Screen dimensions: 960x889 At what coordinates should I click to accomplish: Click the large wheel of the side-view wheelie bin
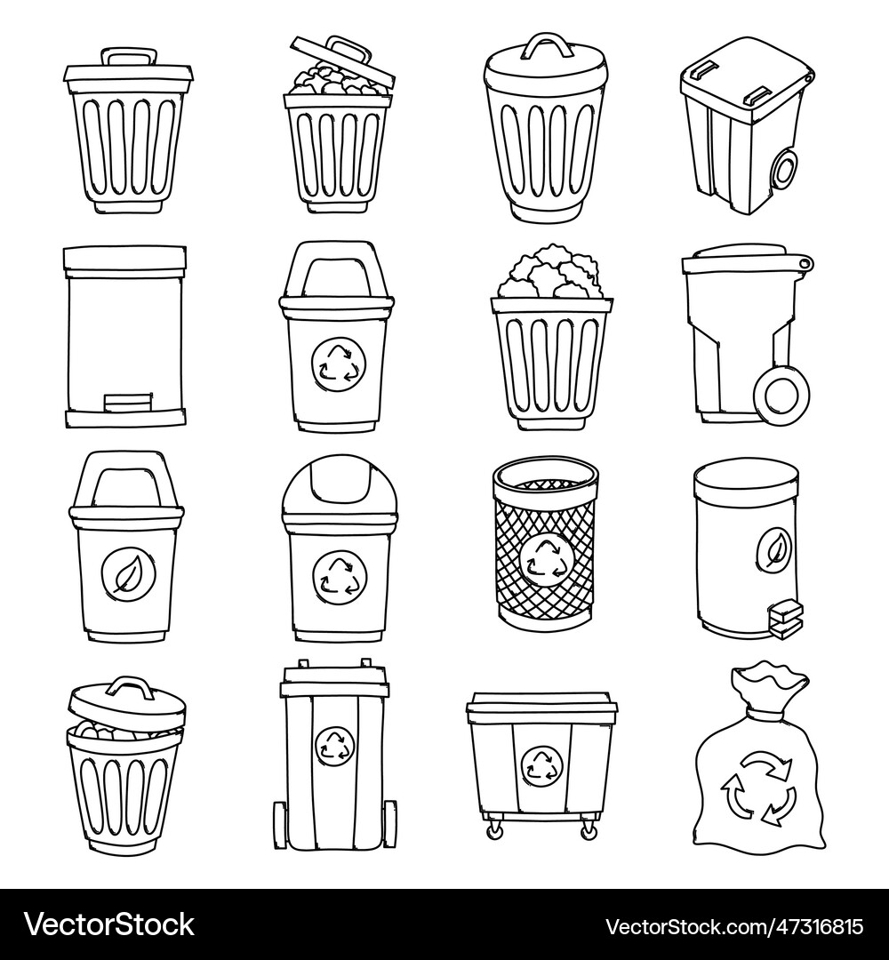coord(779,394)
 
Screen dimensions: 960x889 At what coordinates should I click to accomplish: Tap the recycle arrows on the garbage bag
coord(757,786)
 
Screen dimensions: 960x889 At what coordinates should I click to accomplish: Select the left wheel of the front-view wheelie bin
coord(280,821)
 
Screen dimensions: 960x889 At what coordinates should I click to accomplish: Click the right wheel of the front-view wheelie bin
coord(389,821)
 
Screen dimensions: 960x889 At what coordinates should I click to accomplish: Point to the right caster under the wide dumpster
coord(589,829)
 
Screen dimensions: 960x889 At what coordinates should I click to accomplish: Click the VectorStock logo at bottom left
coord(109,925)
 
